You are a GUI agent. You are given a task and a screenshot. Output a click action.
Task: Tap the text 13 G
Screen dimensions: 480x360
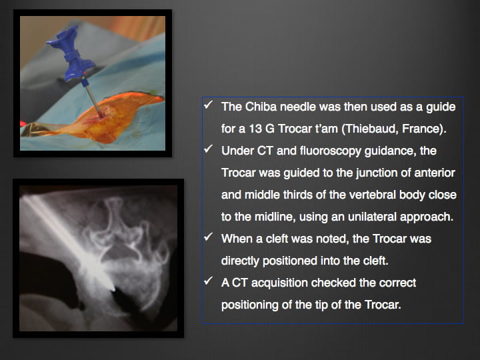click(x=261, y=129)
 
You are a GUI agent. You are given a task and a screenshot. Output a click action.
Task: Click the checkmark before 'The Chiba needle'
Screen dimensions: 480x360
click(x=208, y=105)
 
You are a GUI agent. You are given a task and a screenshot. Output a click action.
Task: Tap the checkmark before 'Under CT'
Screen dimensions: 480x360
click(x=208, y=149)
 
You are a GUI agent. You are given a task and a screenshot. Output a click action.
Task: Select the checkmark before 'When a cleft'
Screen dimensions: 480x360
click(x=208, y=237)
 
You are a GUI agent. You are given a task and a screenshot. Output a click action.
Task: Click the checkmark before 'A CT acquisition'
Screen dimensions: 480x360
click(x=208, y=281)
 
